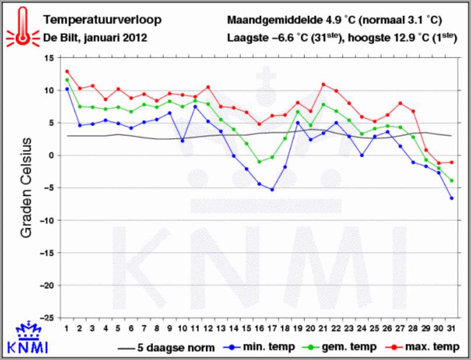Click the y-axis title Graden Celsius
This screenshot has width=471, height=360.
[26, 187]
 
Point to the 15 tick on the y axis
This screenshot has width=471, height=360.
[48, 58]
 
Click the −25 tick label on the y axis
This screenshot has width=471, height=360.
[46, 318]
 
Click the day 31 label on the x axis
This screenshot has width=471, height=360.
[452, 328]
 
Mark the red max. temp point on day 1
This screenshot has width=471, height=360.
[67, 72]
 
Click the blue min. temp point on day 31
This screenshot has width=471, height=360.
[452, 198]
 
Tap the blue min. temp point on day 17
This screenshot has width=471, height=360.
[272, 190]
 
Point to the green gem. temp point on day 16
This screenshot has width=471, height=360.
[259, 162]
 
